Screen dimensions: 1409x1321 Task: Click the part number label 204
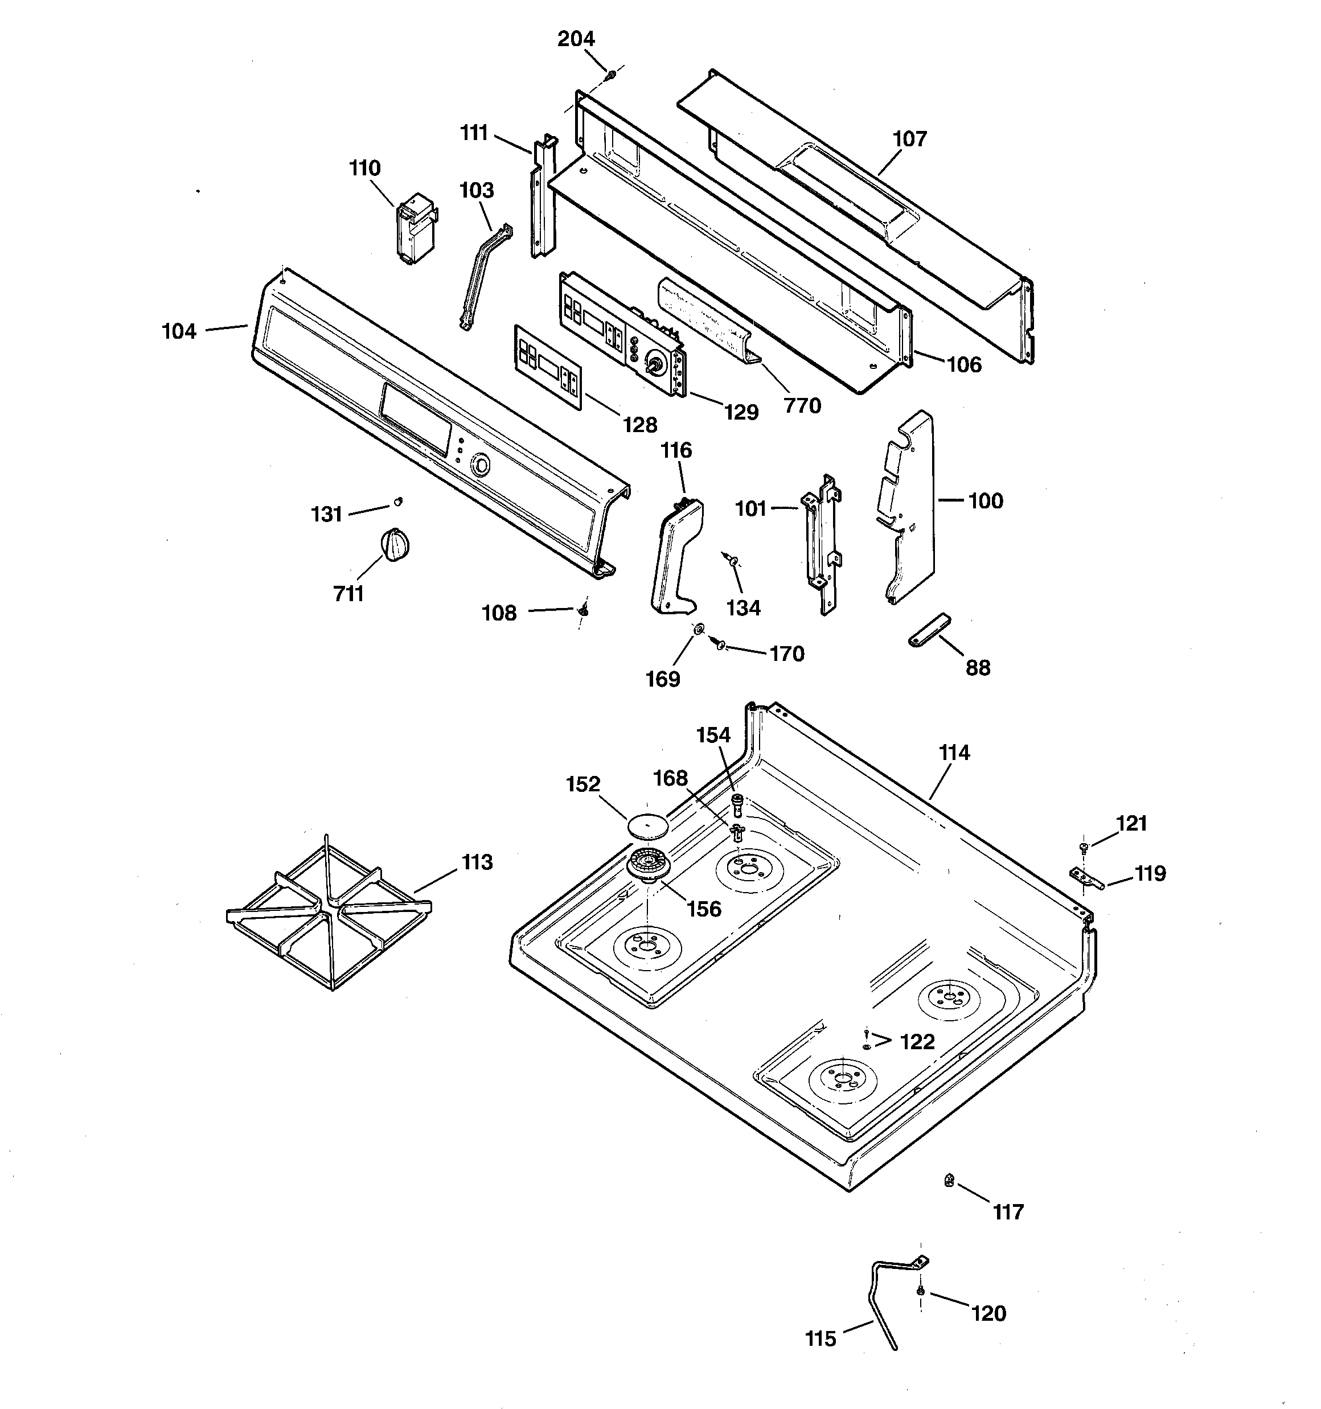click(x=576, y=39)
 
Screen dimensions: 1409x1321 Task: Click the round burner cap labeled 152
click(x=647, y=825)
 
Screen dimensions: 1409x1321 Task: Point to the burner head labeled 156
click(x=647, y=865)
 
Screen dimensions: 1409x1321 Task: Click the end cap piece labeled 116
click(x=676, y=555)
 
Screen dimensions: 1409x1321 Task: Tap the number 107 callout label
click(x=910, y=139)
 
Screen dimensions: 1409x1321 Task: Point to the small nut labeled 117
click(x=949, y=1180)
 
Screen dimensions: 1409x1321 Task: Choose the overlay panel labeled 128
click(x=547, y=367)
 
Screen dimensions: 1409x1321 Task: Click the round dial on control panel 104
click(x=480, y=465)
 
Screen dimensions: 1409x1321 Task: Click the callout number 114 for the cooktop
click(x=954, y=753)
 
